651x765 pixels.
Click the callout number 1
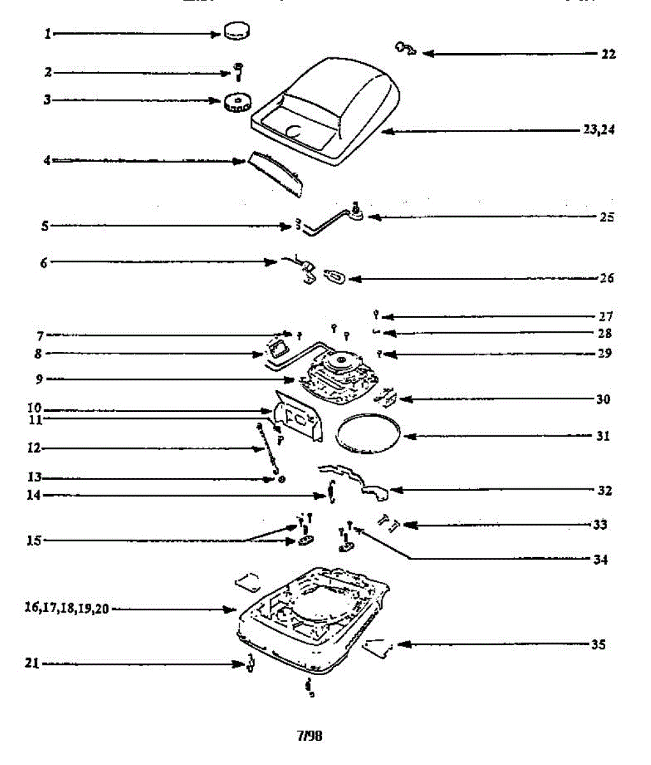(x=47, y=34)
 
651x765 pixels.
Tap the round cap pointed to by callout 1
(x=237, y=31)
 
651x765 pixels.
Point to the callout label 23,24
(x=598, y=129)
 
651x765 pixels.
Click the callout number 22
(x=608, y=54)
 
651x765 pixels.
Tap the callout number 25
(x=607, y=217)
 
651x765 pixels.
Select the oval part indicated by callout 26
(x=335, y=276)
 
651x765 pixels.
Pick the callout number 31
(x=603, y=436)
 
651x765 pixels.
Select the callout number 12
(x=33, y=448)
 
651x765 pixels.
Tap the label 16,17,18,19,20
(x=67, y=609)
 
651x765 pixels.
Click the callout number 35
(x=597, y=644)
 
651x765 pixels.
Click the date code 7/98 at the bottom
(x=310, y=736)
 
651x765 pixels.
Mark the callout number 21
(x=32, y=664)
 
